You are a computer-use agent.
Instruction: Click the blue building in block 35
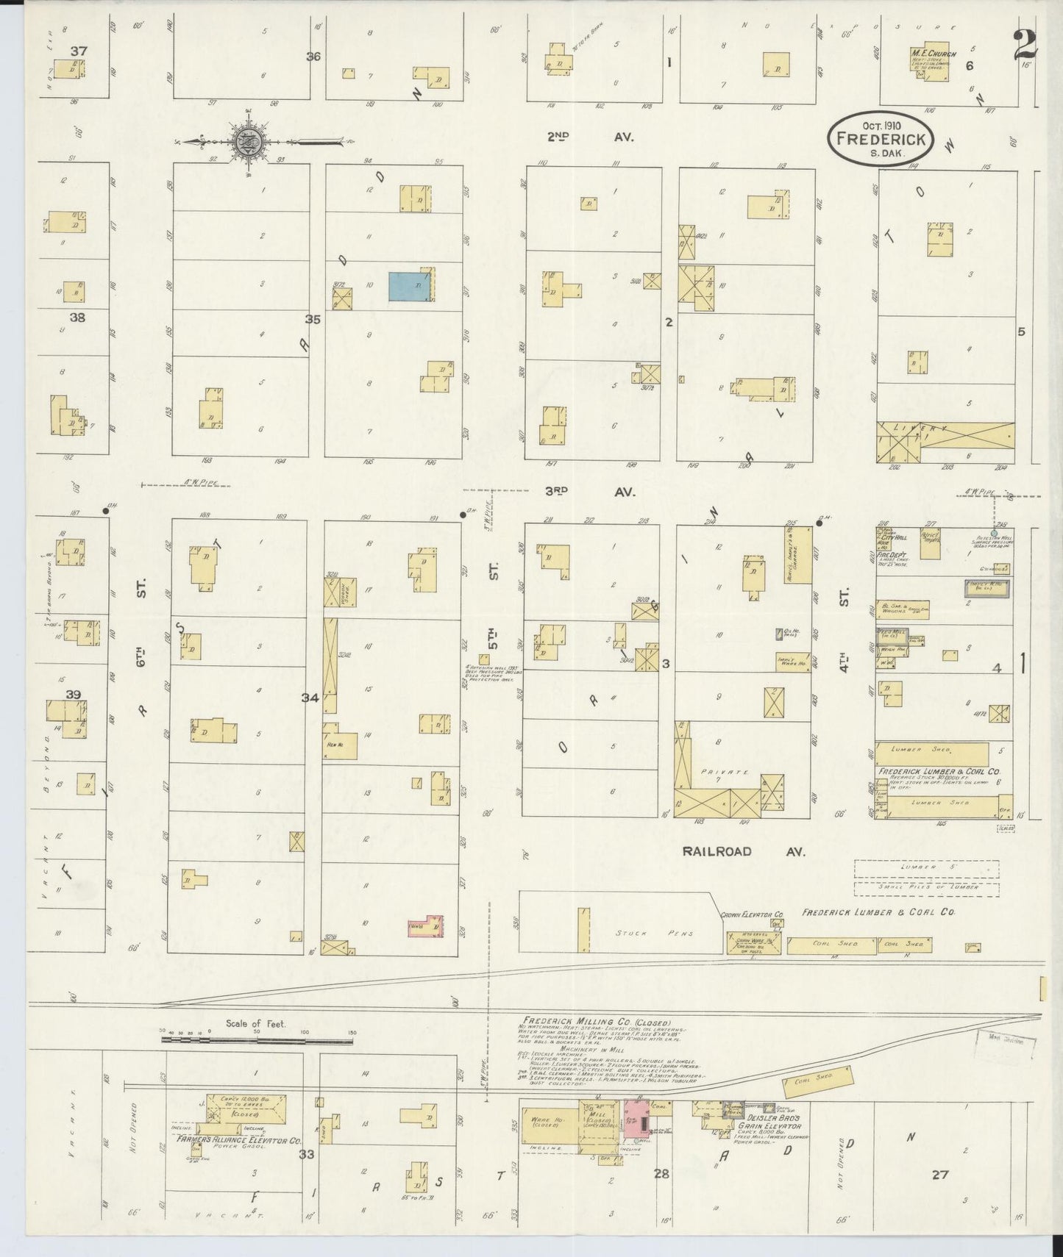point(410,287)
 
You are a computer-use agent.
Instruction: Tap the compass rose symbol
point(244,140)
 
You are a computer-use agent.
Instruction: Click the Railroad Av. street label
point(743,851)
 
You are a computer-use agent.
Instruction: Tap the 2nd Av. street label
point(589,137)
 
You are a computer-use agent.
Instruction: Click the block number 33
point(306,1154)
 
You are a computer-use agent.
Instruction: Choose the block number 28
point(661,1173)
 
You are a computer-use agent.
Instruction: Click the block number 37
point(79,51)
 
